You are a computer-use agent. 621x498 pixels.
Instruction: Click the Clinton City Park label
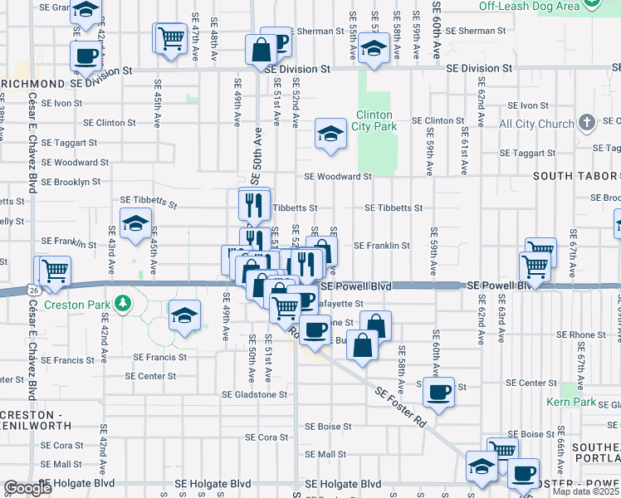tap(376, 120)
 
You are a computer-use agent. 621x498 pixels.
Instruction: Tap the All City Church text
tap(536, 124)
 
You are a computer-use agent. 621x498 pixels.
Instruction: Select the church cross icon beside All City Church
tap(587, 124)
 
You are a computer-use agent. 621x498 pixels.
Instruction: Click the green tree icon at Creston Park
tap(122, 302)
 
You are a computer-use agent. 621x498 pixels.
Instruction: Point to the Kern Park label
tap(571, 402)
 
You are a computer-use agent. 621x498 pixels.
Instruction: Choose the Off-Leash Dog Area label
tap(528, 6)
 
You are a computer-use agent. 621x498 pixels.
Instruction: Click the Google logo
tap(27, 489)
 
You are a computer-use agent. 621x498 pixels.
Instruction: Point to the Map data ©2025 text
tap(585, 491)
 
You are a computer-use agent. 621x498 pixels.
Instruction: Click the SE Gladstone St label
tap(254, 395)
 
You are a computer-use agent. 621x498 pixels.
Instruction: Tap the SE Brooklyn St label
tap(71, 181)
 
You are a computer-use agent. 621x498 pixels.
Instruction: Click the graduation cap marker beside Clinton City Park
tap(330, 134)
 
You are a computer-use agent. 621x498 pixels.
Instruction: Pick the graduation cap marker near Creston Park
tap(184, 315)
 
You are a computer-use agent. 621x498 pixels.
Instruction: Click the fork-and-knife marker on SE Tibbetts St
tap(254, 203)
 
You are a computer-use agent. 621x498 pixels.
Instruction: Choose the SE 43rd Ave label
tap(112, 250)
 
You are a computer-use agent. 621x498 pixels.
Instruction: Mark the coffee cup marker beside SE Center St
tap(438, 391)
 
